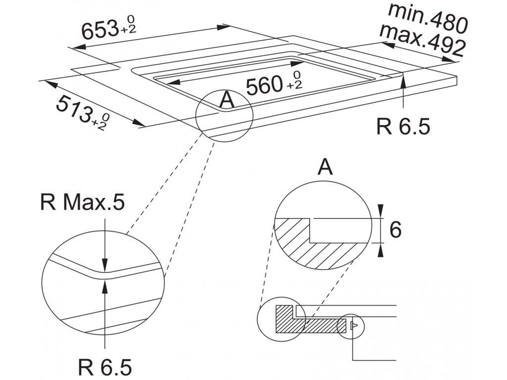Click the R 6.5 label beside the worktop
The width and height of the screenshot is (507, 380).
coord(403,127)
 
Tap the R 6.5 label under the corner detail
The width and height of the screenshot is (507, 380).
coord(105,367)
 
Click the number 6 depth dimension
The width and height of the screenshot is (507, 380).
coord(395,230)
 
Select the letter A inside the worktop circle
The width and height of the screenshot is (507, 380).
coord(226,100)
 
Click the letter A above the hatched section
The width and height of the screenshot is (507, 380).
coord(325,168)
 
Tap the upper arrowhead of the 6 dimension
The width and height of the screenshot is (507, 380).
coord(380,212)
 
